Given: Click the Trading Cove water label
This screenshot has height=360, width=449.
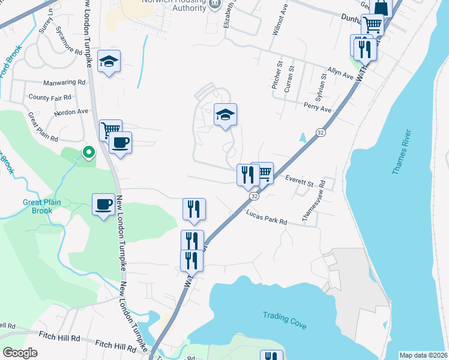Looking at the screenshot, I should click(285, 320).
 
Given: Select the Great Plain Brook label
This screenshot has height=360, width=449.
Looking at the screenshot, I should click(42, 206).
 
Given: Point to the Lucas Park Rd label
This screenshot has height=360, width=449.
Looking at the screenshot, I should click(267, 217).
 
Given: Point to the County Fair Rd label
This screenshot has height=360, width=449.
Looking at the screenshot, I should click(50, 97).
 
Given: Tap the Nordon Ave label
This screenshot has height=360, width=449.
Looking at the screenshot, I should click(71, 112).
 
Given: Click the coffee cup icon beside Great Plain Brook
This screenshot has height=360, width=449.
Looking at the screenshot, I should click(104, 205).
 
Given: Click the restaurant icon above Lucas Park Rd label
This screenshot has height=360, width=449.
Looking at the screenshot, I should click(194, 209).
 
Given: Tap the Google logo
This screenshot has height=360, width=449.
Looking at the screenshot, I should click(20, 353).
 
